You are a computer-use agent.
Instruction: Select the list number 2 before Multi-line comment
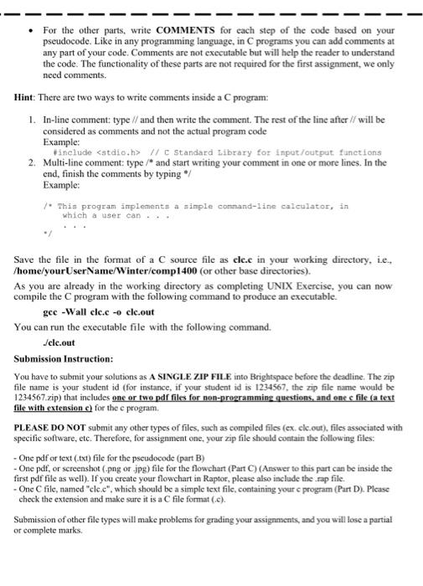[32, 162]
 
